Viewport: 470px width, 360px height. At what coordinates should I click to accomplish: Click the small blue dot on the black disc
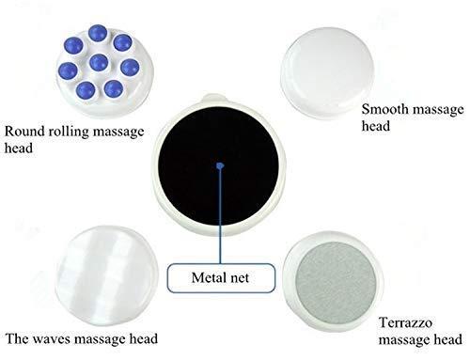point(219,166)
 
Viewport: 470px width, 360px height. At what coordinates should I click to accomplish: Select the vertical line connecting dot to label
point(219,216)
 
